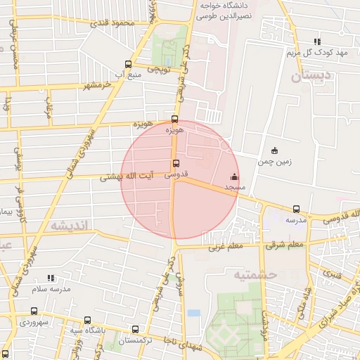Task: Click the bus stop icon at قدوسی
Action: click(175, 163)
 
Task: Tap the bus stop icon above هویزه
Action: click(175, 119)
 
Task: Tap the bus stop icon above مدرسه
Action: click(296, 209)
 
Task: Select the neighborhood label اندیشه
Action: click(67, 226)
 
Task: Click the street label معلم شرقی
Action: click(285, 245)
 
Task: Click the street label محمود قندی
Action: click(111, 22)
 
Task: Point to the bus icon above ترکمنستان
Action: click(135, 328)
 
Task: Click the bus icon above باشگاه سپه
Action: click(87, 319)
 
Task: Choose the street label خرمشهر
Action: click(98, 84)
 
